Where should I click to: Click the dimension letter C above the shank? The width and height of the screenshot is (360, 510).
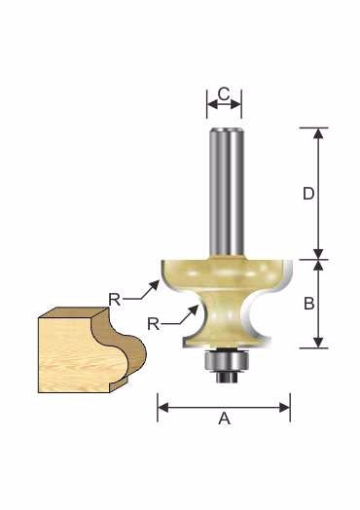click(x=224, y=94)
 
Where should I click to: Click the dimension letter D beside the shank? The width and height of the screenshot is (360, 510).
click(x=308, y=194)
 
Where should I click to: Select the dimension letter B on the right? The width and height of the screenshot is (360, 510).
click(x=309, y=304)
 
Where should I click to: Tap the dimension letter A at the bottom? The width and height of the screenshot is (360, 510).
click(x=225, y=419)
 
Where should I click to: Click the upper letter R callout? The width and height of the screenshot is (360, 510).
click(x=115, y=299)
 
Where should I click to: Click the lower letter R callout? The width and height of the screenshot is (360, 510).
click(x=154, y=324)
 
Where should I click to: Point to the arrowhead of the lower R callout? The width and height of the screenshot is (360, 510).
click(x=194, y=310)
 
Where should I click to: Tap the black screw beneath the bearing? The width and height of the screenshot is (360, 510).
click(x=227, y=378)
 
